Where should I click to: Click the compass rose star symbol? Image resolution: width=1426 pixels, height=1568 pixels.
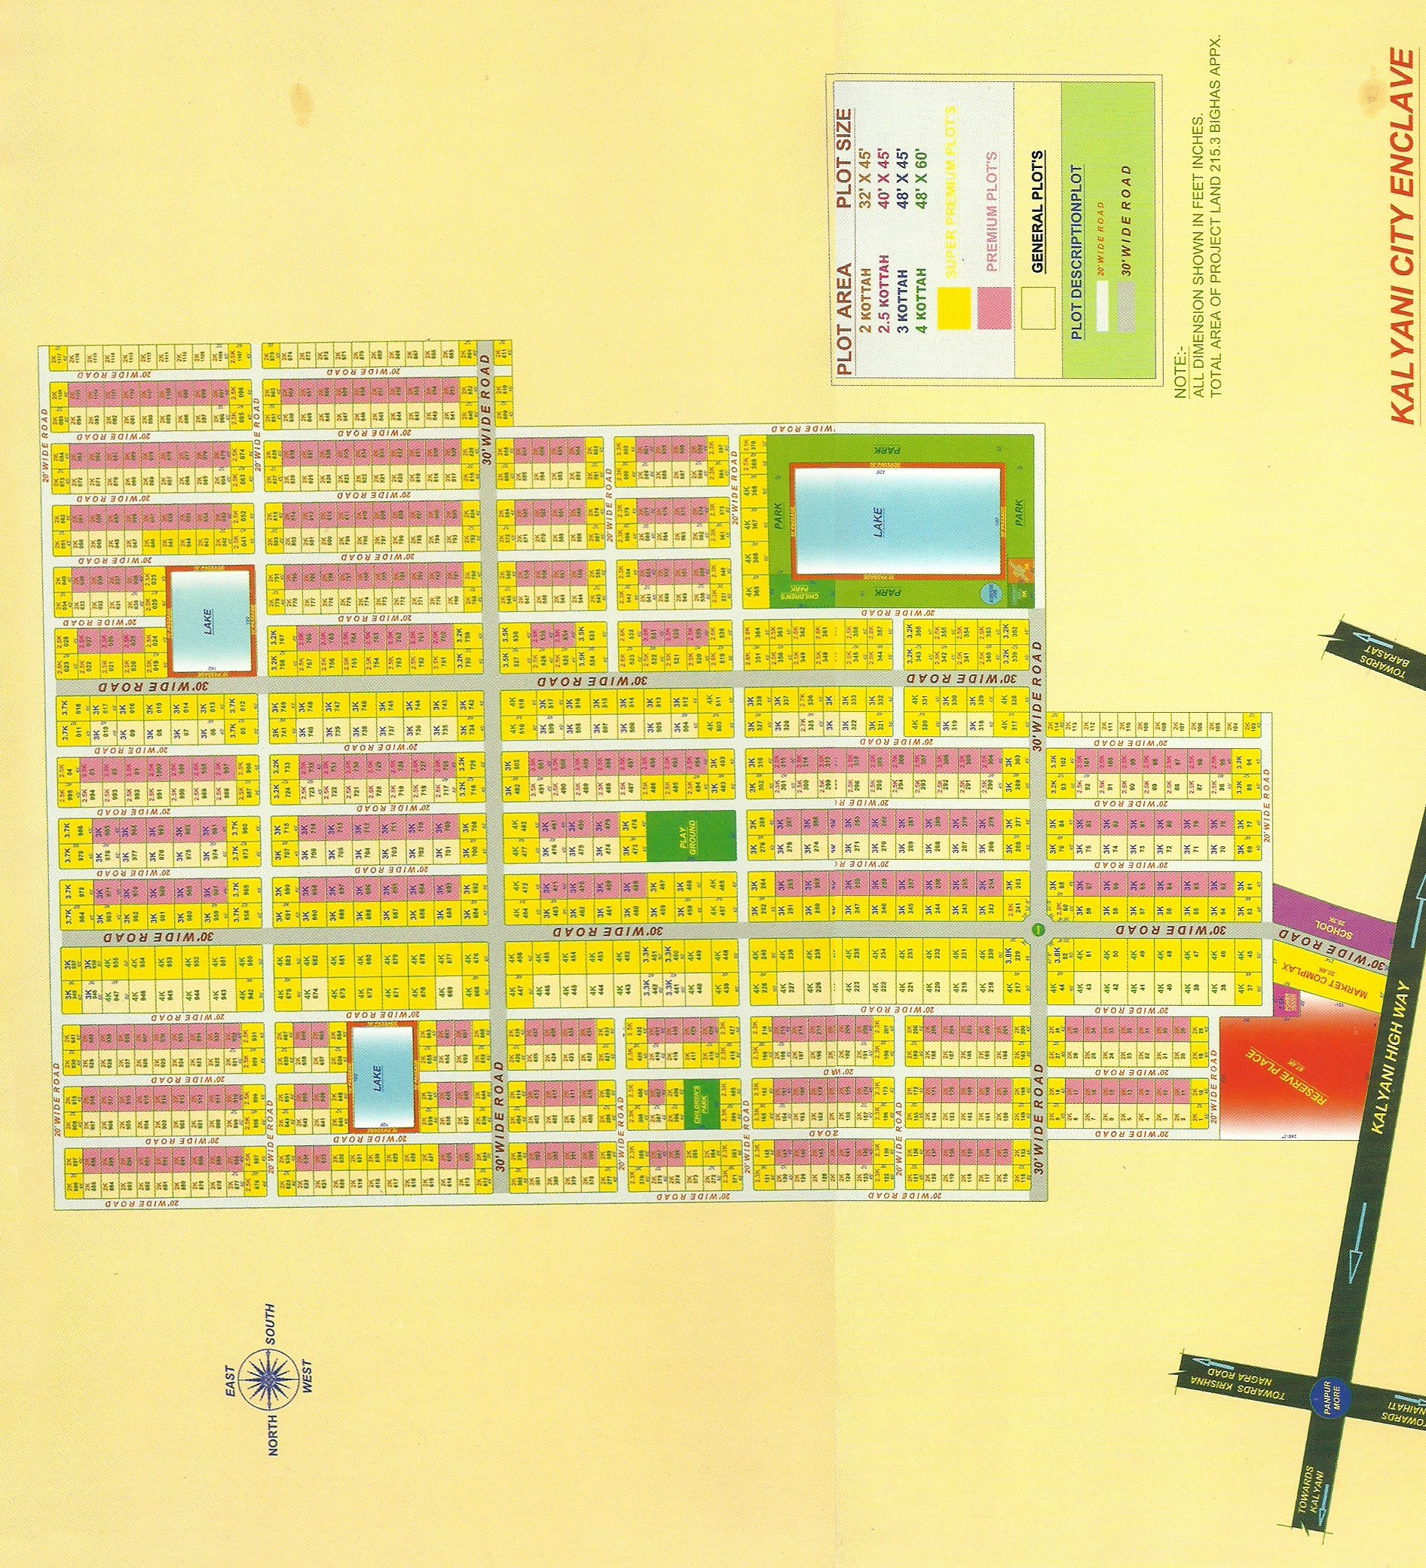(268, 1377)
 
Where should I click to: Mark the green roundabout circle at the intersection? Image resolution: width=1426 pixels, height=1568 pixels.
(1038, 928)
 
